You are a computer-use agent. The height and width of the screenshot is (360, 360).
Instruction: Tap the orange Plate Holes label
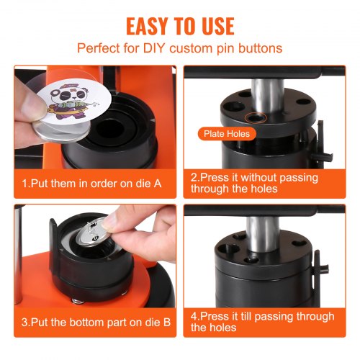(x=225, y=135)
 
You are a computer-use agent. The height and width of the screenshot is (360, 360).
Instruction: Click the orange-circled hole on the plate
(x=253, y=116)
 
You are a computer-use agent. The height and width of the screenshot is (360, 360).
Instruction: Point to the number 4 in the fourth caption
(x=195, y=317)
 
